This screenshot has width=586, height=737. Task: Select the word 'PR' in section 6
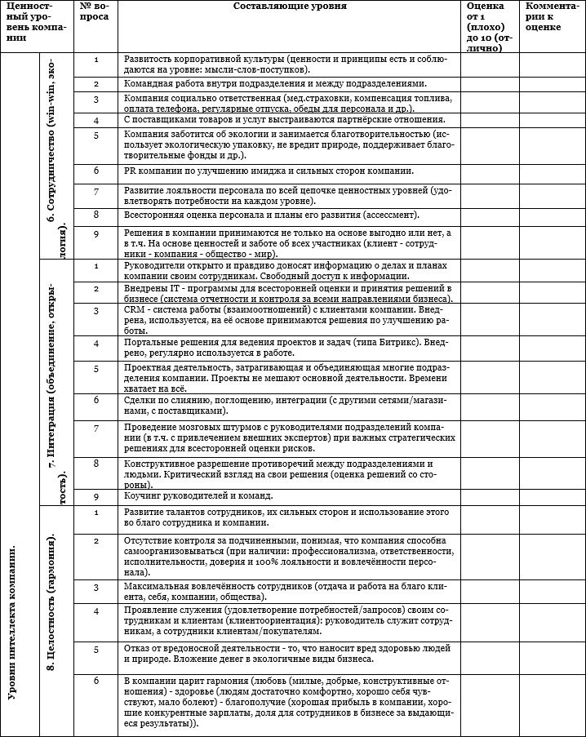(131, 171)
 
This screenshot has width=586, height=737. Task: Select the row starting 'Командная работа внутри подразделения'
(275, 84)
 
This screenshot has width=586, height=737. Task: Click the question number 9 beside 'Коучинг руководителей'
(96, 495)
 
